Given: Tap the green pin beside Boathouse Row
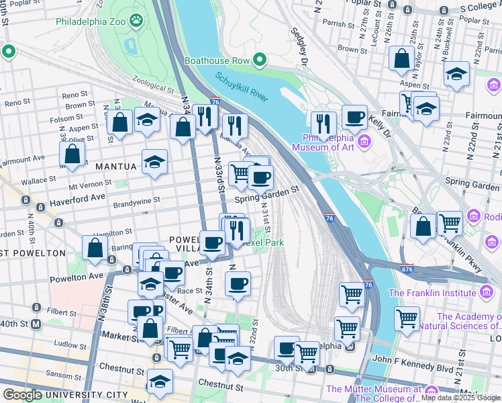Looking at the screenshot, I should click(259, 60).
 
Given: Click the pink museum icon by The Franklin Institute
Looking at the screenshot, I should click(486, 292).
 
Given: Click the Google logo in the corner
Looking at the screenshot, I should click(22, 395).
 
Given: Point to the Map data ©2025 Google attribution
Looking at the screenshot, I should click(460, 398).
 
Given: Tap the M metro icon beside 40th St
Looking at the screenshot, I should click(36, 324).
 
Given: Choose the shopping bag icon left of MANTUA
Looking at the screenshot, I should click(72, 154).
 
